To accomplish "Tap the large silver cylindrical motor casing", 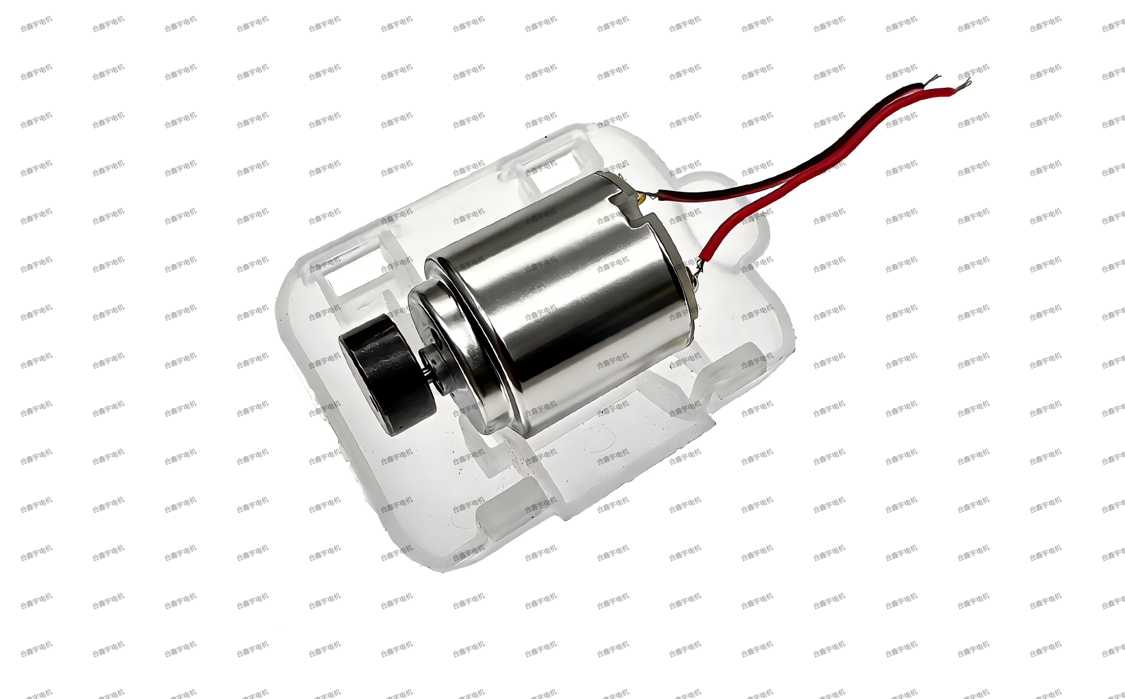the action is tap(564, 302).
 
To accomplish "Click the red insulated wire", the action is tap(827, 168).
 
